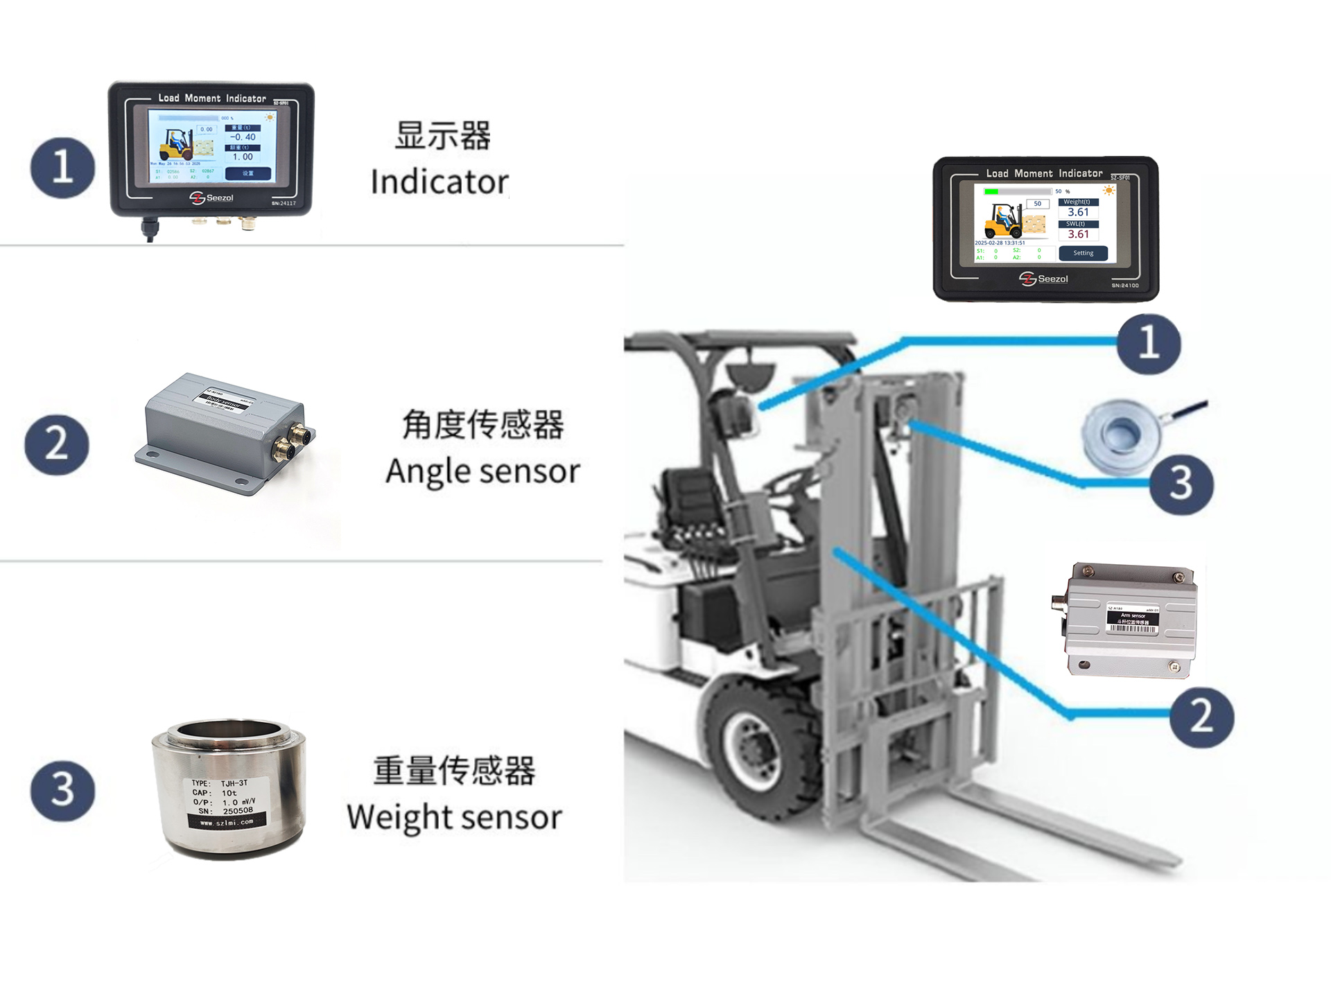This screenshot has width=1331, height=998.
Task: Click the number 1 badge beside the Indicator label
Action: pos(62,168)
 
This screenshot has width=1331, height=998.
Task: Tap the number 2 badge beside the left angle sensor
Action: pos(57,444)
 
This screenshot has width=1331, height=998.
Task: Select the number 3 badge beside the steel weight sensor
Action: pos(62,791)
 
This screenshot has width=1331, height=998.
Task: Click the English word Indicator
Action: pos(440,182)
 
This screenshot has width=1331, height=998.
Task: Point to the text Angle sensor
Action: pos(482,471)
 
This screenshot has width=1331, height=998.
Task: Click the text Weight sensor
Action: pos(454,817)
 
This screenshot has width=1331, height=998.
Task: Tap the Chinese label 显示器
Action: pos(442,136)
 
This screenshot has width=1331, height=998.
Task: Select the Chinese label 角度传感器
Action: pos(482,424)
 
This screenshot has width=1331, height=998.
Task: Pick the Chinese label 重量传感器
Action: pos(454,771)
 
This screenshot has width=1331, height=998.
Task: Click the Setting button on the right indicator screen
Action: pos(1083,254)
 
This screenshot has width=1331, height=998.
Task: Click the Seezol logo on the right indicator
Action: pos(1043,279)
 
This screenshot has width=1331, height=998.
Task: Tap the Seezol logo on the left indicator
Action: pos(211,198)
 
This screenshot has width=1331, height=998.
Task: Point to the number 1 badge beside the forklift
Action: pos(1148,344)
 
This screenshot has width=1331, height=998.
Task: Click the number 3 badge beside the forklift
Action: pos(1181,484)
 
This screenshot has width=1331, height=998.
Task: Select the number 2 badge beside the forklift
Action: pos(1201,717)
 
